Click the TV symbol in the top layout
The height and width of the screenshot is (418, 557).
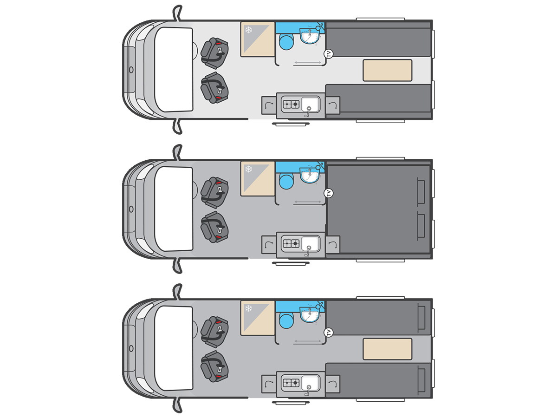click(329, 54)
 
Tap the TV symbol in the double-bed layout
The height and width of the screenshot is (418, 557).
click(329, 193)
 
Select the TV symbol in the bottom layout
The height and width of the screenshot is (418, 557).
click(329, 333)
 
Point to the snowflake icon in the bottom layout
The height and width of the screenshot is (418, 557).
click(248, 308)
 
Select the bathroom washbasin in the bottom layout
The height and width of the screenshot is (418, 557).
click(309, 314)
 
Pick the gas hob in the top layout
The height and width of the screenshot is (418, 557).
click(290, 104)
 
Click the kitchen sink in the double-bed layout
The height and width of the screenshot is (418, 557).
click(310, 242)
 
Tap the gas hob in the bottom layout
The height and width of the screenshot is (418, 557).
click(290, 383)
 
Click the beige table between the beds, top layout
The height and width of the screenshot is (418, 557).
click(387, 70)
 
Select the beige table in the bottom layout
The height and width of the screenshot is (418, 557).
click(387, 349)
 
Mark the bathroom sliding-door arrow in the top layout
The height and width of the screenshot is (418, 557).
click(308, 63)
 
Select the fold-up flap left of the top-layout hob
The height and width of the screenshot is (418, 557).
click(268, 104)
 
